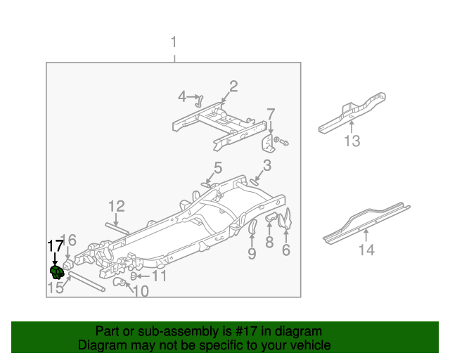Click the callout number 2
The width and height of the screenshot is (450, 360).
tap(233, 86)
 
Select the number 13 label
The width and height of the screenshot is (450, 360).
tap(352, 142)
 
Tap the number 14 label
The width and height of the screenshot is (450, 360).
tap(366, 250)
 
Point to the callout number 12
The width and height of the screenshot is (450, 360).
tap(116, 206)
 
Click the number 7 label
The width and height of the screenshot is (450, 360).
tap(271, 114)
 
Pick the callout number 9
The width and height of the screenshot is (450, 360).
tap(252, 253)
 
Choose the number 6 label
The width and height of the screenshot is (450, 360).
tap(285, 250)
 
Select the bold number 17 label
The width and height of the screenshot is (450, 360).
tap(55, 245)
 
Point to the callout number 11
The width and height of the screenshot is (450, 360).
tap(160, 276)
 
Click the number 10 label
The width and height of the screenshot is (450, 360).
tap(141, 291)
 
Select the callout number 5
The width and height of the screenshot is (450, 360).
tap(218, 167)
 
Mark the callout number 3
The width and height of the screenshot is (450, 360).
tap(266, 166)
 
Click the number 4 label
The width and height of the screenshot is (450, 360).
tap(181, 96)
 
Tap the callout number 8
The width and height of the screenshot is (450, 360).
tap(269, 243)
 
